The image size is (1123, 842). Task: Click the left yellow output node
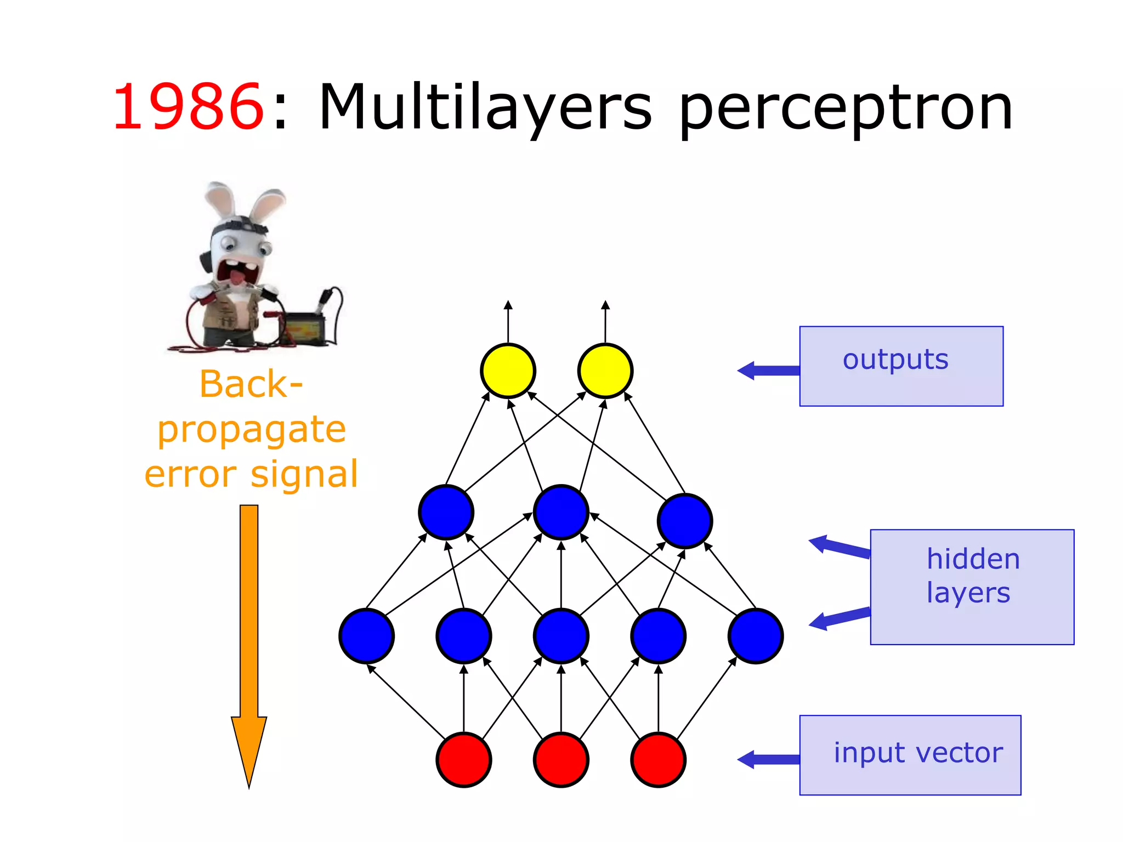click(x=508, y=371)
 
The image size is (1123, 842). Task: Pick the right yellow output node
click(x=605, y=371)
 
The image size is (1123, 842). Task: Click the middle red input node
click(x=561, y=760)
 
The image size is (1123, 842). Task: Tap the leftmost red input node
click(x=464, y=760)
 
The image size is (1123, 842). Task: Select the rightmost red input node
click(x=659, y=760)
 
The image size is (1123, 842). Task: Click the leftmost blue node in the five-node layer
click(x=366, y=636)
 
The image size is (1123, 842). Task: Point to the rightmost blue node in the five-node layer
click(x=756, y=636)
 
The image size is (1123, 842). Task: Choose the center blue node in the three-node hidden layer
click(x=561, y=512)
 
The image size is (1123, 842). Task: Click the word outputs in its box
click(x=895, y=360)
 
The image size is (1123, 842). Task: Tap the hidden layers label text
click(x=972, y=576)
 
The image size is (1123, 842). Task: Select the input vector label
click(x=918, y=753)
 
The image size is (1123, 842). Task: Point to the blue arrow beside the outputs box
click(x=768, y=371)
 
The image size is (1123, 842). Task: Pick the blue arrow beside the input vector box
click(x=768, y=760)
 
